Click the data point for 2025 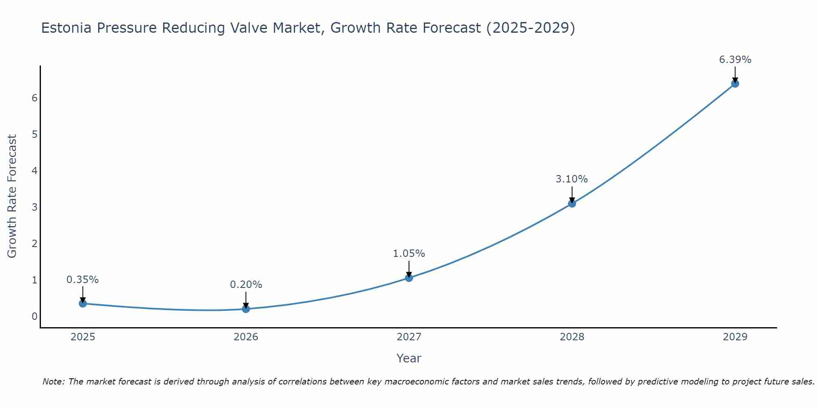[83, 303]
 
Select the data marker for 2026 [246, 309]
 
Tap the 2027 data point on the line [409, 278]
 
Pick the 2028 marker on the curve [572, 203]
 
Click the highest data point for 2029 [735, 84]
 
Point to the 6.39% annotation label [735, 60]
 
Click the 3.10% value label [571, 179]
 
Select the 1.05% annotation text [409, 254]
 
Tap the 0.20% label [246, 285]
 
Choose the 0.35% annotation [83, 280]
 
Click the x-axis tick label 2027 [409, 337]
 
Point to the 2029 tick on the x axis [735, 337]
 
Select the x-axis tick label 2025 [83, 337]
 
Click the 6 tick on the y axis [34, 98]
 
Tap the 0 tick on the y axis [34, 316]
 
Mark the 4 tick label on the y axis [34, 171]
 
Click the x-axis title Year [409, 358]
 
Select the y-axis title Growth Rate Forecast [12, 196]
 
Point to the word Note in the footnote [53, 382]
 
